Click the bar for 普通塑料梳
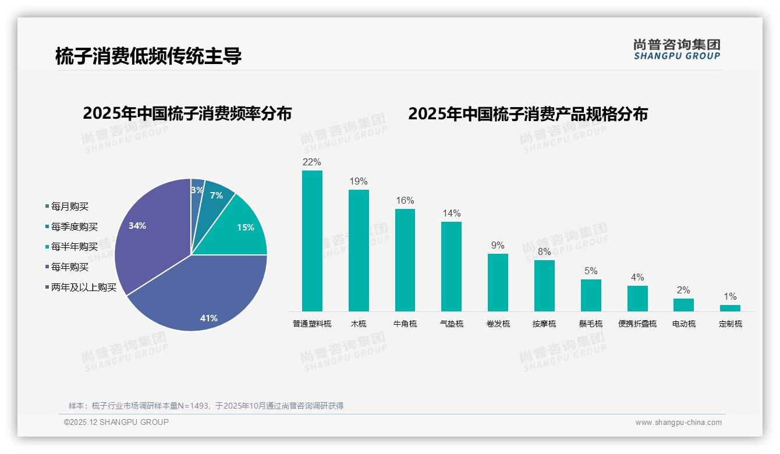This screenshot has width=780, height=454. coord(312,240)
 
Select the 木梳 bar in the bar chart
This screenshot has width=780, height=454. coord(359,250)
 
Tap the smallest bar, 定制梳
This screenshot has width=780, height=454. coord(730,308)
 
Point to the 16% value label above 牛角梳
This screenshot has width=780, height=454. coord(405,201)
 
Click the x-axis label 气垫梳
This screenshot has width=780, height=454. coord(452,324)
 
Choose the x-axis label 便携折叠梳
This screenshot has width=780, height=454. coord(637,324)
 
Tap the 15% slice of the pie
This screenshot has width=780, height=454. coord(242,230)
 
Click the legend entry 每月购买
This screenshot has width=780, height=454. coord(69,207)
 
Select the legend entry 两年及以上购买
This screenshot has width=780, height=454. coord(83,288)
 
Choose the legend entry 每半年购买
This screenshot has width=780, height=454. coord(74,247)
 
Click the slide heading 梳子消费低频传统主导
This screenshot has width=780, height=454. coord(148,56)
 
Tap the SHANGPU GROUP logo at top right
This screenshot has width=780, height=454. coord(676,49)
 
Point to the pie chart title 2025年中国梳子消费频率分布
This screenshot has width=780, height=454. coord(187,114)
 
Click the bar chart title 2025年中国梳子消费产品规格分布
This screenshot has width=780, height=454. coord(527,114)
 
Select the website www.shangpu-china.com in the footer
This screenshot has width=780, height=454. coord(678,423)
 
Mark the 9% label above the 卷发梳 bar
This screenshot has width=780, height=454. coord(498,246)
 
